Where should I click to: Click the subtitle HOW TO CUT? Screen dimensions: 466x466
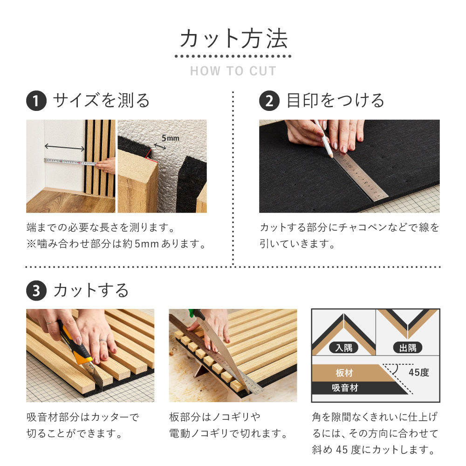click(x=233, y=71)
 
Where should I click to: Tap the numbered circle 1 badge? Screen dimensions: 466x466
click(x=36, y=101)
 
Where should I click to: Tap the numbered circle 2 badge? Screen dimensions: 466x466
click(x=269, y=101)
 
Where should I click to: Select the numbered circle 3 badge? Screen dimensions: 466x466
click(x=36, y=291)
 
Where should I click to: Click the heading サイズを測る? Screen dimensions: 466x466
click(x=101, y=101)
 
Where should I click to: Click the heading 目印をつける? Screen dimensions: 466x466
click(x=336, y=101)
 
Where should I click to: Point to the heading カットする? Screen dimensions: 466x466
click(x=91, y=291)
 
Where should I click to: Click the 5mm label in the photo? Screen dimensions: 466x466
click(x=170, y=138)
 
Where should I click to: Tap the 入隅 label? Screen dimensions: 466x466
click(x=343, y=348)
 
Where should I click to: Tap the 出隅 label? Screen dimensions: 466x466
click(x=407, y=348)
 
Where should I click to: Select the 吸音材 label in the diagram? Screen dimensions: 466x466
click(x=345, y=388)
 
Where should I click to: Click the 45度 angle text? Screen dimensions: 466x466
click(x=418, y=373)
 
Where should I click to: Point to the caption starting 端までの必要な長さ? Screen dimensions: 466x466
click(x=100, y=228)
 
